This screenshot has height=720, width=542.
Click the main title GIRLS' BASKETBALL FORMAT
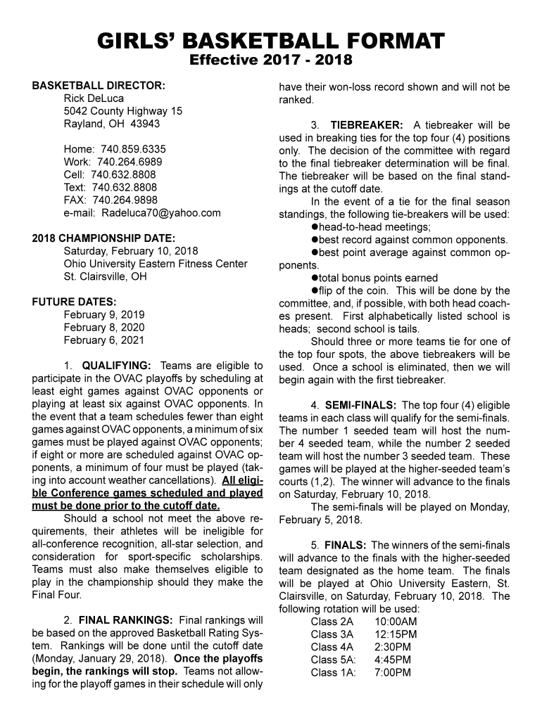(x=271, y=40)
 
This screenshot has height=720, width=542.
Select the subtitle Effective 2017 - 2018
(x=271, y=60)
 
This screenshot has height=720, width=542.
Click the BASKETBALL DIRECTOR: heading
(x=99, y=86)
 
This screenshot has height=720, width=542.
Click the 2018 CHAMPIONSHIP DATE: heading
(x=103, y=238)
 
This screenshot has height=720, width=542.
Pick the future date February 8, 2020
(x=103, y=328)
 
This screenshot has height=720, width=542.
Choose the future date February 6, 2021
(x=103, y=340)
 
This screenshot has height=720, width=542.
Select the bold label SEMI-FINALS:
(x=360, y=405)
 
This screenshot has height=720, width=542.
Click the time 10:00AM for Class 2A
(x=396, y=622)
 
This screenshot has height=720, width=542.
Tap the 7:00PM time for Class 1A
(x=393, y=672)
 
